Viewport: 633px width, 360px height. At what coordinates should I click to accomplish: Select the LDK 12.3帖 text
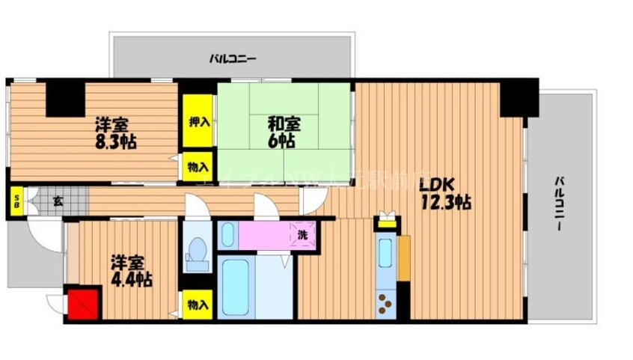[444, 193]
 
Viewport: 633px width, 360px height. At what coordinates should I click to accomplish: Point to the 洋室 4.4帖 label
[131, 272]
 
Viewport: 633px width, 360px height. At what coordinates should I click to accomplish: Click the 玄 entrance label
[58, 200]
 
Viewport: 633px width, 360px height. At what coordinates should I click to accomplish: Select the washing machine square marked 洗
[302, 234]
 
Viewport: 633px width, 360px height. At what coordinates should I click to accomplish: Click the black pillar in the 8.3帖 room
[66, 97]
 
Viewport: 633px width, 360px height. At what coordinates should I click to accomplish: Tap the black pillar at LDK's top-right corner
[519, 97]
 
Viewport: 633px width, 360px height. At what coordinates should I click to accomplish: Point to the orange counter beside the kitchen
[404, 258]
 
